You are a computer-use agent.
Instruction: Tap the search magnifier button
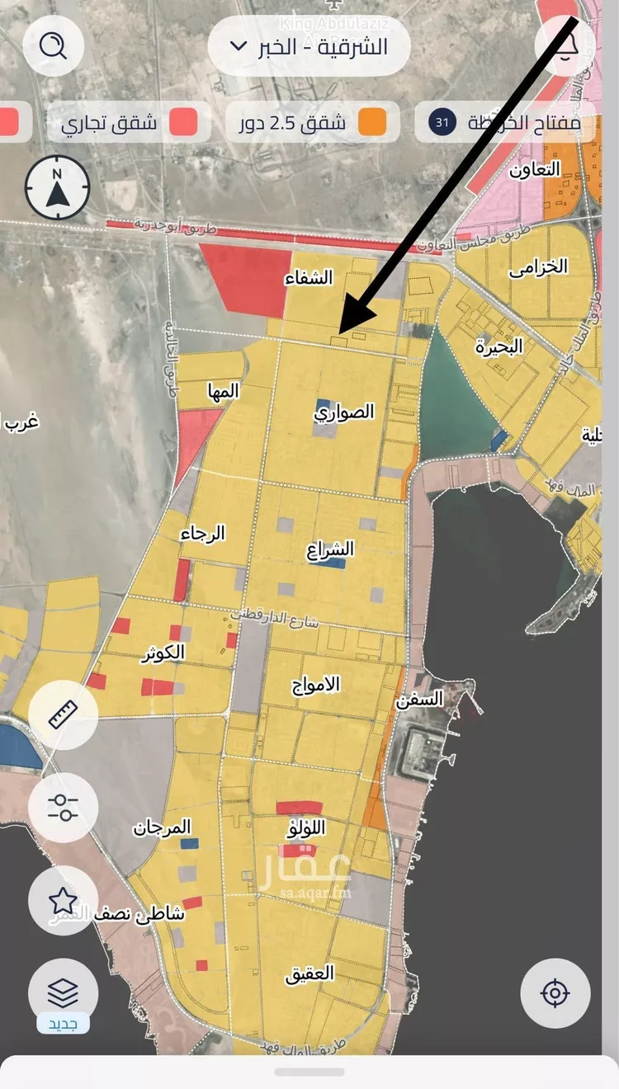pos(54,46)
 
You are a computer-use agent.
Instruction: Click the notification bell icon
pos(565,46)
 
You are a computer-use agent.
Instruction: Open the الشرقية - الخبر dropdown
pos(309,46)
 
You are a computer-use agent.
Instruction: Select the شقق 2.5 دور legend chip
pos(313,122)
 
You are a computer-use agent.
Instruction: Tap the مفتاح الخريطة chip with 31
pos(505,123)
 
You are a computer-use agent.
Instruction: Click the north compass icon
pos(57,189)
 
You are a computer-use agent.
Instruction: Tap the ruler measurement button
pos(63,714)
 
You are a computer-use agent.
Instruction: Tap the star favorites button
pos(63,899)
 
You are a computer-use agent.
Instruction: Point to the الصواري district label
pos(344,412)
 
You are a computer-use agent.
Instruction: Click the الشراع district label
pos(330,549)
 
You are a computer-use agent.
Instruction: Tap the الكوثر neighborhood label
pos(163,653)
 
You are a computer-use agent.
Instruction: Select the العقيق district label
pos(309,973)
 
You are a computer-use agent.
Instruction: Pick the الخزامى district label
pos(538,267)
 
